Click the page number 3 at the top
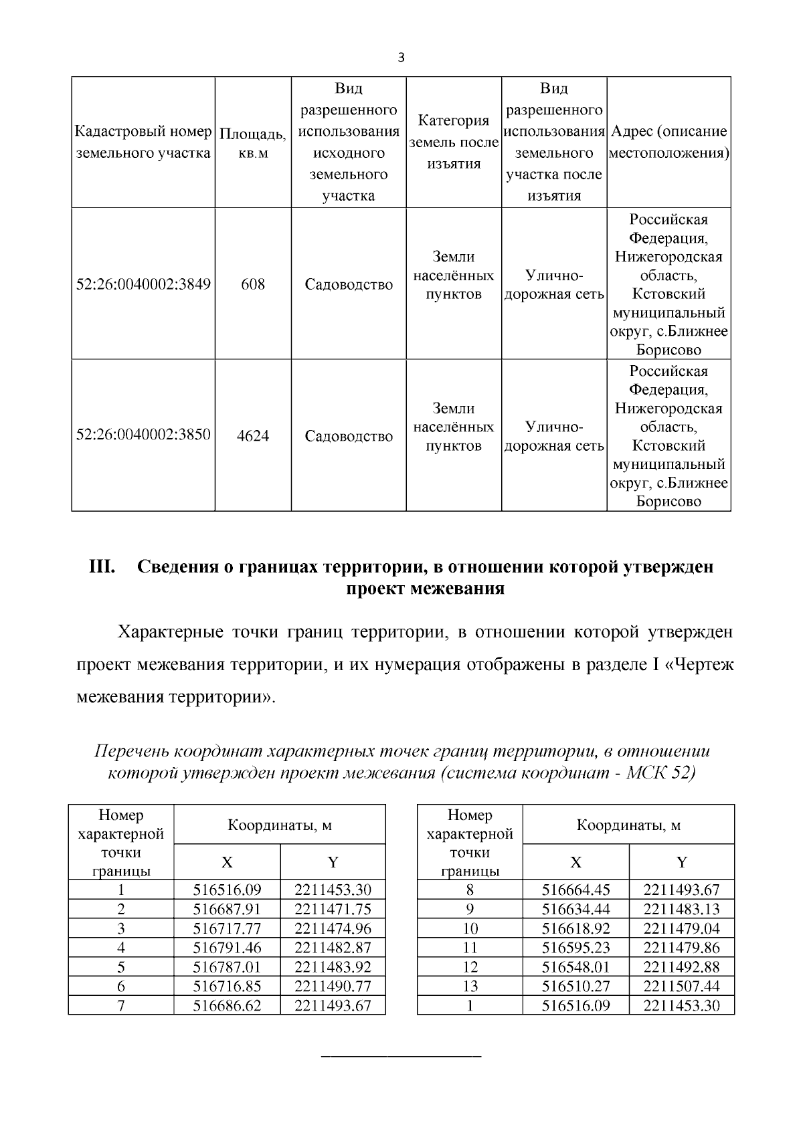pos(401,58)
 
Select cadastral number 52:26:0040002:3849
pos(143,284)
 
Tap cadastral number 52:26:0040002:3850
pos(143,435)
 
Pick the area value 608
pos(253,284)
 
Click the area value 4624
pos(253,436)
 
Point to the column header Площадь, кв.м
pos(253,143)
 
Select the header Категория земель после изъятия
pos(454,142)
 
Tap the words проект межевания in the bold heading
pos(425,589)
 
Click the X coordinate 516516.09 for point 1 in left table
pos(227,890)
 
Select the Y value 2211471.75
pos(333,909)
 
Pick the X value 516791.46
pos(227,948)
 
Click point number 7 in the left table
pos(121,1005)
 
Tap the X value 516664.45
pos(575,890)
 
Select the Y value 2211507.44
pos(681,986)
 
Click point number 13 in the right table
pos(470,986)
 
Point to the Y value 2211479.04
pos(681,928)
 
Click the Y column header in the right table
pos(681,862)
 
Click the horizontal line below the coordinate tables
pos(401,1055)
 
